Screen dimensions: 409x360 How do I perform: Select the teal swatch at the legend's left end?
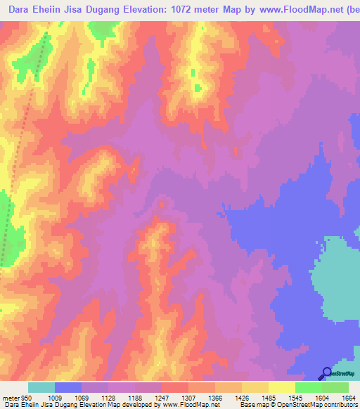[x=41, y=387]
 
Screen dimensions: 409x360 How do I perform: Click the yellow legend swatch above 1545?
[x=281, y=387]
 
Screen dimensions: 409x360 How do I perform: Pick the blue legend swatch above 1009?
[x=68, y=387]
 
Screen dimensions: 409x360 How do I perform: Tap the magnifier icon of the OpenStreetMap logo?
[x=326, y=372]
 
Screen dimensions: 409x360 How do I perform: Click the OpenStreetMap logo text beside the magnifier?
[x=343, y=373]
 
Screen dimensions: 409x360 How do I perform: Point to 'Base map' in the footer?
[x=252, y=405]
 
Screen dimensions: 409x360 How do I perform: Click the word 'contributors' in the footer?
[x=339, y=405]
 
